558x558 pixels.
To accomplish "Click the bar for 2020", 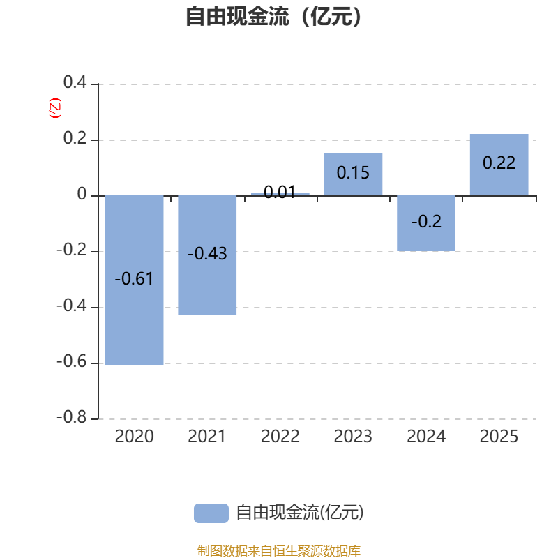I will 134,321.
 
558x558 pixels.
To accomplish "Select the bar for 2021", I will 207,286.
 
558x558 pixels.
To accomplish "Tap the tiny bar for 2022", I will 280,193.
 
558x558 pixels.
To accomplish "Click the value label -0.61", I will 134,279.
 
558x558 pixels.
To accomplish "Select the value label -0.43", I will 207,254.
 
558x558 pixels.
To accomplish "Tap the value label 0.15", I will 353,172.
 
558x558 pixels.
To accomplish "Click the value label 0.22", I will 499,163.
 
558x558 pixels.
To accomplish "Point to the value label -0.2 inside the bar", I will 426,222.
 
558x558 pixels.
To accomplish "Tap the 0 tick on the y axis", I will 82,195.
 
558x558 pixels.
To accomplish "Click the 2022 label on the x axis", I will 280,437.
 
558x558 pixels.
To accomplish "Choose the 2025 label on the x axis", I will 499,437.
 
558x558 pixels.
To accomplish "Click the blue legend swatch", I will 211,513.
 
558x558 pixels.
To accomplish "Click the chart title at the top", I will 274,16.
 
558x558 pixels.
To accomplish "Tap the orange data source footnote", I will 278,551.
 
